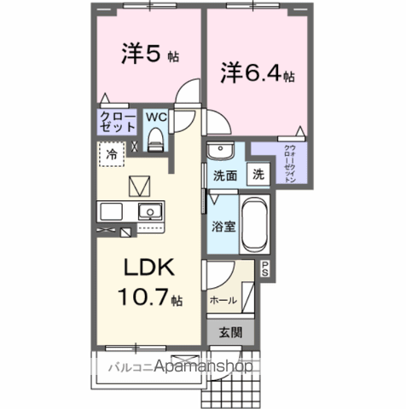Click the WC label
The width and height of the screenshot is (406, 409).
click(155, 117)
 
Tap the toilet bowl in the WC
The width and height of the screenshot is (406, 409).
click(155, 140)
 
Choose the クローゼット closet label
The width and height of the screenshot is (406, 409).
click(118, 122)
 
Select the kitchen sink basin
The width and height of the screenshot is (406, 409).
click(150, 211)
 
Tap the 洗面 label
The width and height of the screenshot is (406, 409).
click(224, 176)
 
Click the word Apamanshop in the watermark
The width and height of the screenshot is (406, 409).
click(200, 368)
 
